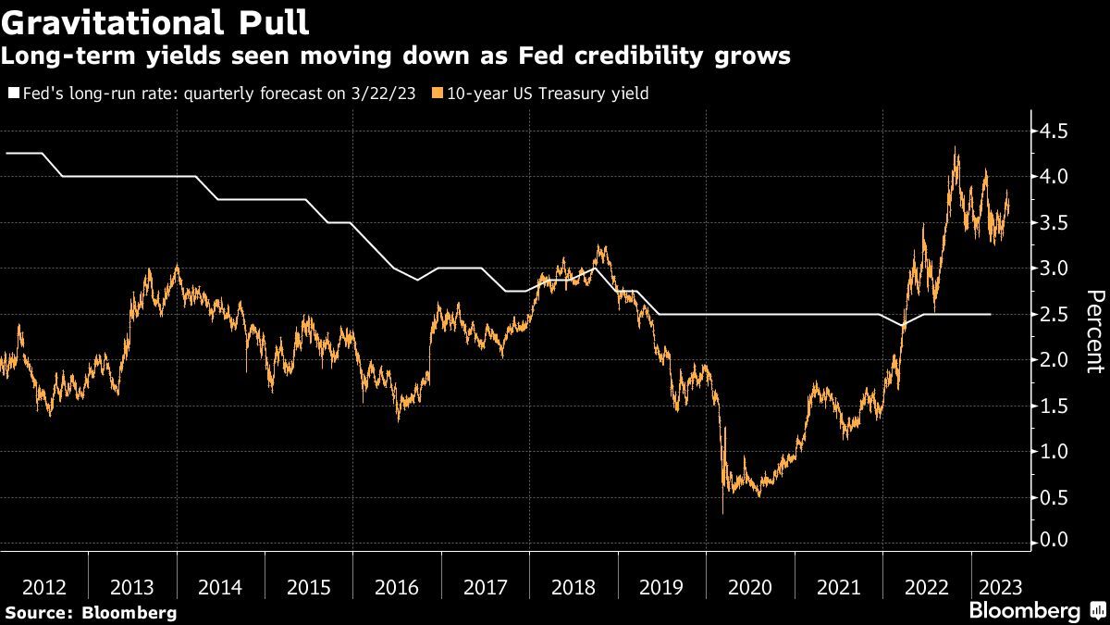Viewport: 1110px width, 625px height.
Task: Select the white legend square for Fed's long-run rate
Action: pyautogui.click(x=11, y=94)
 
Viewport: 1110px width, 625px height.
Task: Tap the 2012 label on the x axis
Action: pyautogui.click(x=43, y=587)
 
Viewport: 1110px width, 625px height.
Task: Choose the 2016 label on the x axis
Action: pyautogui.click(x=397, y=587)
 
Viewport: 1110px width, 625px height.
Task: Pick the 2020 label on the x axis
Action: pyautogui.click(x=750, y=587)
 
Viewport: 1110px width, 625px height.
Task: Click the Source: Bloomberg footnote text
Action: pyautogui.click(x=91, y=613)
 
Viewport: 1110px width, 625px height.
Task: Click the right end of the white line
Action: pyautogui.click(x=991, y=315)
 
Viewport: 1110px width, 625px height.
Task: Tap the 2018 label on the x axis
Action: pyautogui.click(x=573, y=587)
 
